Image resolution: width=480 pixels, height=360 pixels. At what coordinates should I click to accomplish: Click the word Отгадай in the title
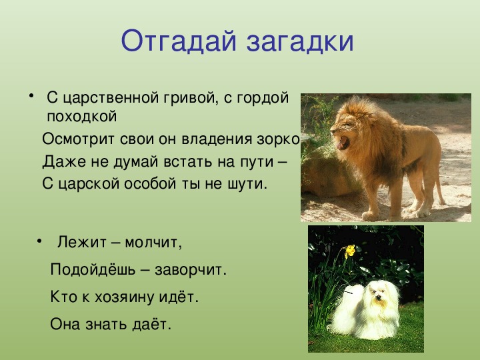(x=179, y=41)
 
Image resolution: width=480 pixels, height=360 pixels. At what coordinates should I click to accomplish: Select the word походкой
(x=82, y=116)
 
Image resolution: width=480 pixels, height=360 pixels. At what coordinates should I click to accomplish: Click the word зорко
(x=278, y=139)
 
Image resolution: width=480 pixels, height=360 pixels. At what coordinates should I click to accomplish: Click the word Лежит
(x=82, y=242)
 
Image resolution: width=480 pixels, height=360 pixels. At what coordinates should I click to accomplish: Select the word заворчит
(x=191, y=270)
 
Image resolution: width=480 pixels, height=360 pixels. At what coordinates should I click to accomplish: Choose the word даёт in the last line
(x=151, y=324)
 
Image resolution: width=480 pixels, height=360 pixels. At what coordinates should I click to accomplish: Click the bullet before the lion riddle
(x=31, y=95)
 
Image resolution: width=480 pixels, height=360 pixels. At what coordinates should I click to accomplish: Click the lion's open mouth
(x=343, y=143)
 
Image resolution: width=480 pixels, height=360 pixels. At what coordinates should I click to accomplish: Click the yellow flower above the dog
(x=349, y=251)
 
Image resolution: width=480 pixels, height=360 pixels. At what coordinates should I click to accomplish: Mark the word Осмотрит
(x=78, y=139)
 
